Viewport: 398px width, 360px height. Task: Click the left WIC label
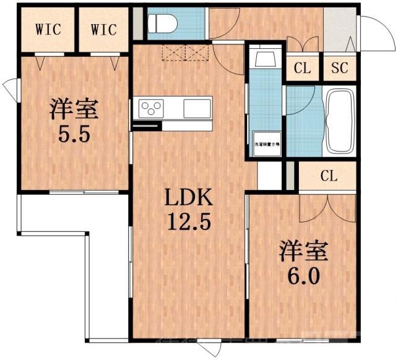48,29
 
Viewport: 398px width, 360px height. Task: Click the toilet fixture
162,24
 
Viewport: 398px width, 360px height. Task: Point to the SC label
339,69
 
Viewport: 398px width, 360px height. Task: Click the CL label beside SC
302,69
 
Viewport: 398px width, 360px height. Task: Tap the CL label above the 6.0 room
328,176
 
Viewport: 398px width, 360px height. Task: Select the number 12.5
188,220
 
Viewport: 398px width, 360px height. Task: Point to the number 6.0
301,275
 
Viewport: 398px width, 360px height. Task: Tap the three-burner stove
150,109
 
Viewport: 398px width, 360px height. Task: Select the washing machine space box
266,144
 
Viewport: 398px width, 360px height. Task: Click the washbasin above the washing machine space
266,58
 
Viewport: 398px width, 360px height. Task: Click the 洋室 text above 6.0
301,250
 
